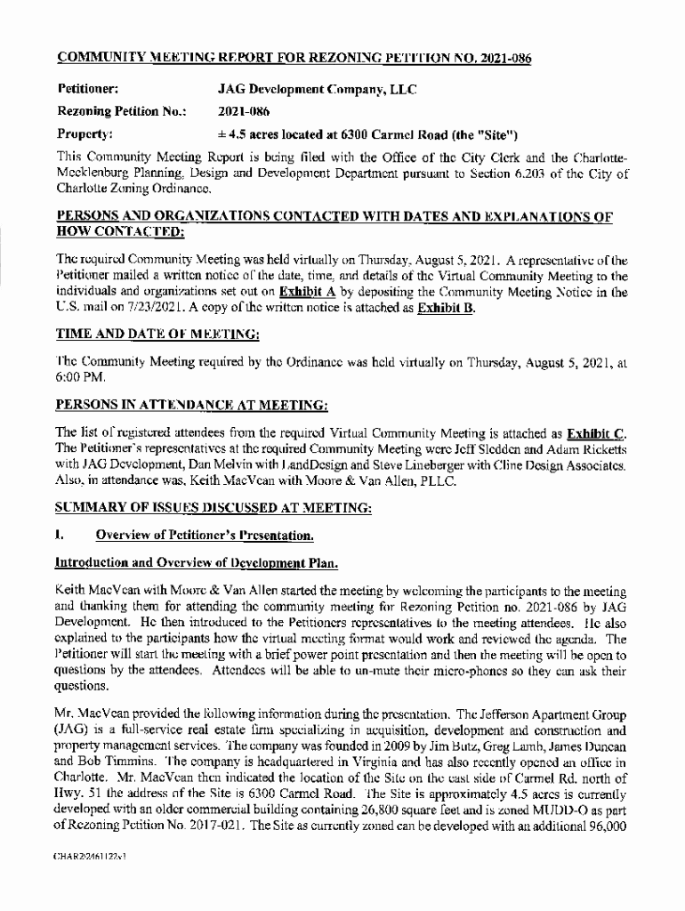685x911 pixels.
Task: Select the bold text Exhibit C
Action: click(596, 435)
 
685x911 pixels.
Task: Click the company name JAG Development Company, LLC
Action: click(318, 90)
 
